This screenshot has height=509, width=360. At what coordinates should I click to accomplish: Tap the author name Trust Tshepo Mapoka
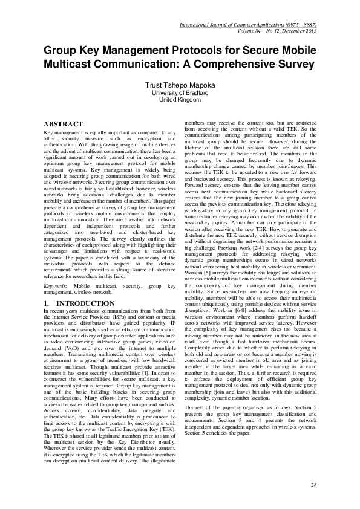(x=180, y=85)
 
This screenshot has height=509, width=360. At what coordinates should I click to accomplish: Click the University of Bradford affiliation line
(x=180, y=93)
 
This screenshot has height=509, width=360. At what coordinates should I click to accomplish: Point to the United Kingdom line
(x=180, y=100)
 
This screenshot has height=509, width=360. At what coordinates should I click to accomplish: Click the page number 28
(x=313, y=485)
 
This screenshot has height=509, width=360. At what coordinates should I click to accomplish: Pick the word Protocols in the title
(x=187, y=50)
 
